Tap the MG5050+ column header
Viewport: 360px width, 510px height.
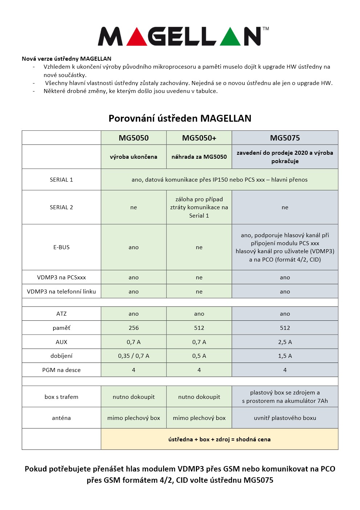(199, 138)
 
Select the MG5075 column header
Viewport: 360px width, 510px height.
(285, 138)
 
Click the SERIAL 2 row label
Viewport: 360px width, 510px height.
(61, 207)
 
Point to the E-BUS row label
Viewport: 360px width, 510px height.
(61, 247)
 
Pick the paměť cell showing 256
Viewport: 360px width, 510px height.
(134, 328)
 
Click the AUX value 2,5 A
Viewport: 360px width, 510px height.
(285, 342)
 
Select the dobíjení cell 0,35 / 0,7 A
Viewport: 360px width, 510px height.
(134, 356)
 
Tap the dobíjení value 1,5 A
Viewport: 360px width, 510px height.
(285, 356)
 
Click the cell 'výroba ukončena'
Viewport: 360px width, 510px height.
(134, 157)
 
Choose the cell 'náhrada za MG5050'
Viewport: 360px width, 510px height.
(199, 157)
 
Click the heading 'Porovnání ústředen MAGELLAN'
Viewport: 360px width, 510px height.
(180, 118)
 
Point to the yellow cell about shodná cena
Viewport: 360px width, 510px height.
(219, 440)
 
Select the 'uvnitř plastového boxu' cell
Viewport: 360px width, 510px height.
(285, 418)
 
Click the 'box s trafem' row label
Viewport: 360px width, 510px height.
(61, 397)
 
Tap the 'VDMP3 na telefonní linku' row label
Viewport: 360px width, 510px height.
(61, 292)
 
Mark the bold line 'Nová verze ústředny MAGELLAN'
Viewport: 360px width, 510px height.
(66, 59)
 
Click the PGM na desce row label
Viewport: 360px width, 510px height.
(61, 370)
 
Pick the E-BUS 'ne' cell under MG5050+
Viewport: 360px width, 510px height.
(199, 247)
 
